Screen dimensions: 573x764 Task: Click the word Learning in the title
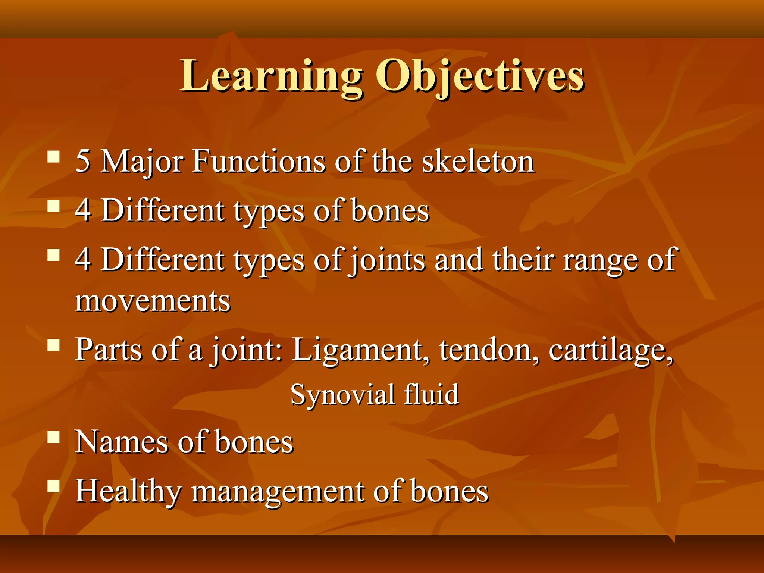271,76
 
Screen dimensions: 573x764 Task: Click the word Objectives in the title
479,76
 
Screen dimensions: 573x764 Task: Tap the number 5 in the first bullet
83,161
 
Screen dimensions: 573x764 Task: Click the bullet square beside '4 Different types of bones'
54,206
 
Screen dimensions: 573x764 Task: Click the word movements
153,301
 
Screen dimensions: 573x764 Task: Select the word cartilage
611,351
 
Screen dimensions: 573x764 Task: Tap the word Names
122,442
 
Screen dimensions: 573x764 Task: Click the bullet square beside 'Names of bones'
54,437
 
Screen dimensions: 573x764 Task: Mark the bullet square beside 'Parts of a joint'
54,345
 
